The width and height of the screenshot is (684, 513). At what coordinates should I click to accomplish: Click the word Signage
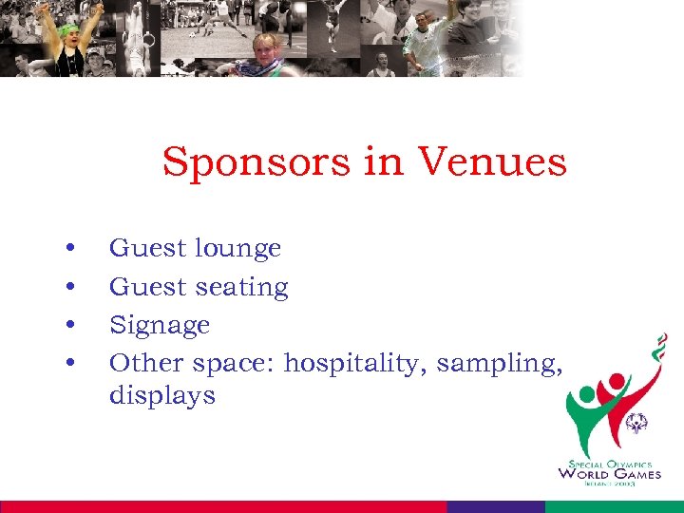coord(160,326)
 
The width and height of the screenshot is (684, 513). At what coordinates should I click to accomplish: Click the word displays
coord(162,395)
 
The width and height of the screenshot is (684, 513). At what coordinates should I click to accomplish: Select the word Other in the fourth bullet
coord(147,363)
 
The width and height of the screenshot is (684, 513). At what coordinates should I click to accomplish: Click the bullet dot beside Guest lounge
coord(71,249)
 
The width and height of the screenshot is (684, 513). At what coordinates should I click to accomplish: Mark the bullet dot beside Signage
coord(71,325)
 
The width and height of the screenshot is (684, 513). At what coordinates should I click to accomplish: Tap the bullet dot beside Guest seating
coord(71,287)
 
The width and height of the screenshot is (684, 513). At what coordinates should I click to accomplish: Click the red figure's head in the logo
coord(616,381)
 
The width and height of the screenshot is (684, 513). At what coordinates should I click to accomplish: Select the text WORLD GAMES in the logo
coord(609,473)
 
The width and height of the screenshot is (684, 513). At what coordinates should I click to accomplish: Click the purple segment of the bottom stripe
coord(495,506)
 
